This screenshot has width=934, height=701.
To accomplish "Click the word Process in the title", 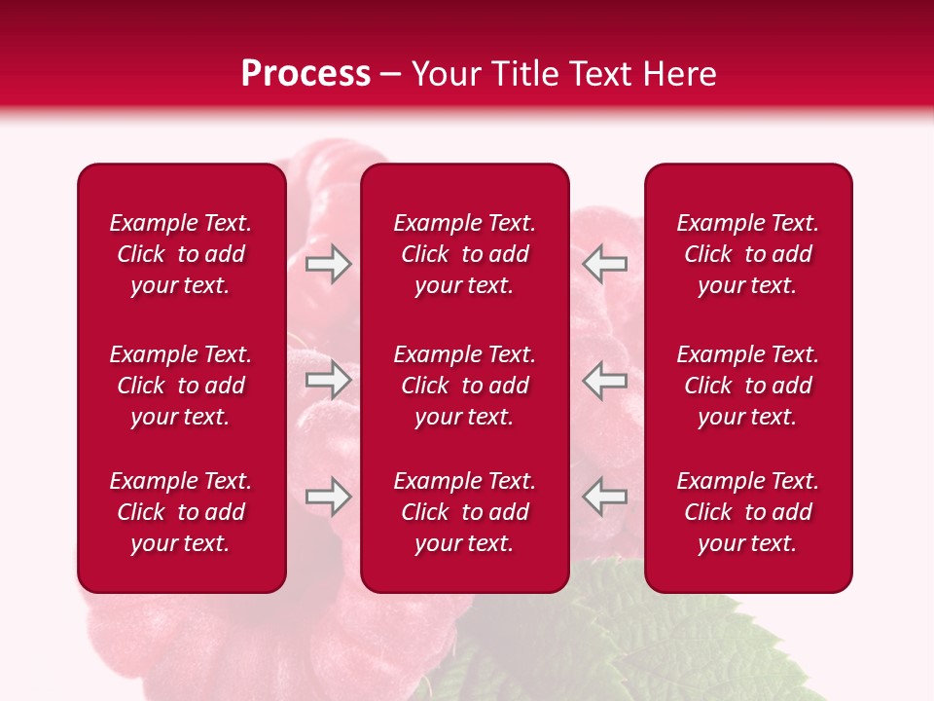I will (305, 74).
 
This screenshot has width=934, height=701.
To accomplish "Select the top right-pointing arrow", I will (328, 264).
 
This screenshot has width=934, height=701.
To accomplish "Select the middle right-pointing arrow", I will (328, 381).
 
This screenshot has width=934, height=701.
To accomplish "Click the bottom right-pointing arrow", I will (328, 497).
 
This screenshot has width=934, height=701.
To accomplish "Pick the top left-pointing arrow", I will (605, 264).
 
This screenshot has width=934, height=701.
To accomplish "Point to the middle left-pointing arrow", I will (605, 381).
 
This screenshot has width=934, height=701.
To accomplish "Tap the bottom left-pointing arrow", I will (605, 497).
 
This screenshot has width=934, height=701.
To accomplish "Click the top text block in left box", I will (181, 254).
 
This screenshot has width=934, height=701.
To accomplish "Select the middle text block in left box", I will (181, 386).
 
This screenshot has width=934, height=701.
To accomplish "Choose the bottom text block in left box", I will (181, 512).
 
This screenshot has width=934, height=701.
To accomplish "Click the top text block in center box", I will (464, 254).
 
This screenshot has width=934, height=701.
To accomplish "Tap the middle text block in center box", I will (464, 386).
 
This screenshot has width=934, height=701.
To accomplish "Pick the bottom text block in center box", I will (464, 512).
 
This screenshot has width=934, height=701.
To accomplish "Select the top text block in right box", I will (747, 254).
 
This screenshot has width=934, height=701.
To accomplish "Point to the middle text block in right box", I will (747, 386).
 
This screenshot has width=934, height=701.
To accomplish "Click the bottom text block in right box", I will (747, 512).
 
